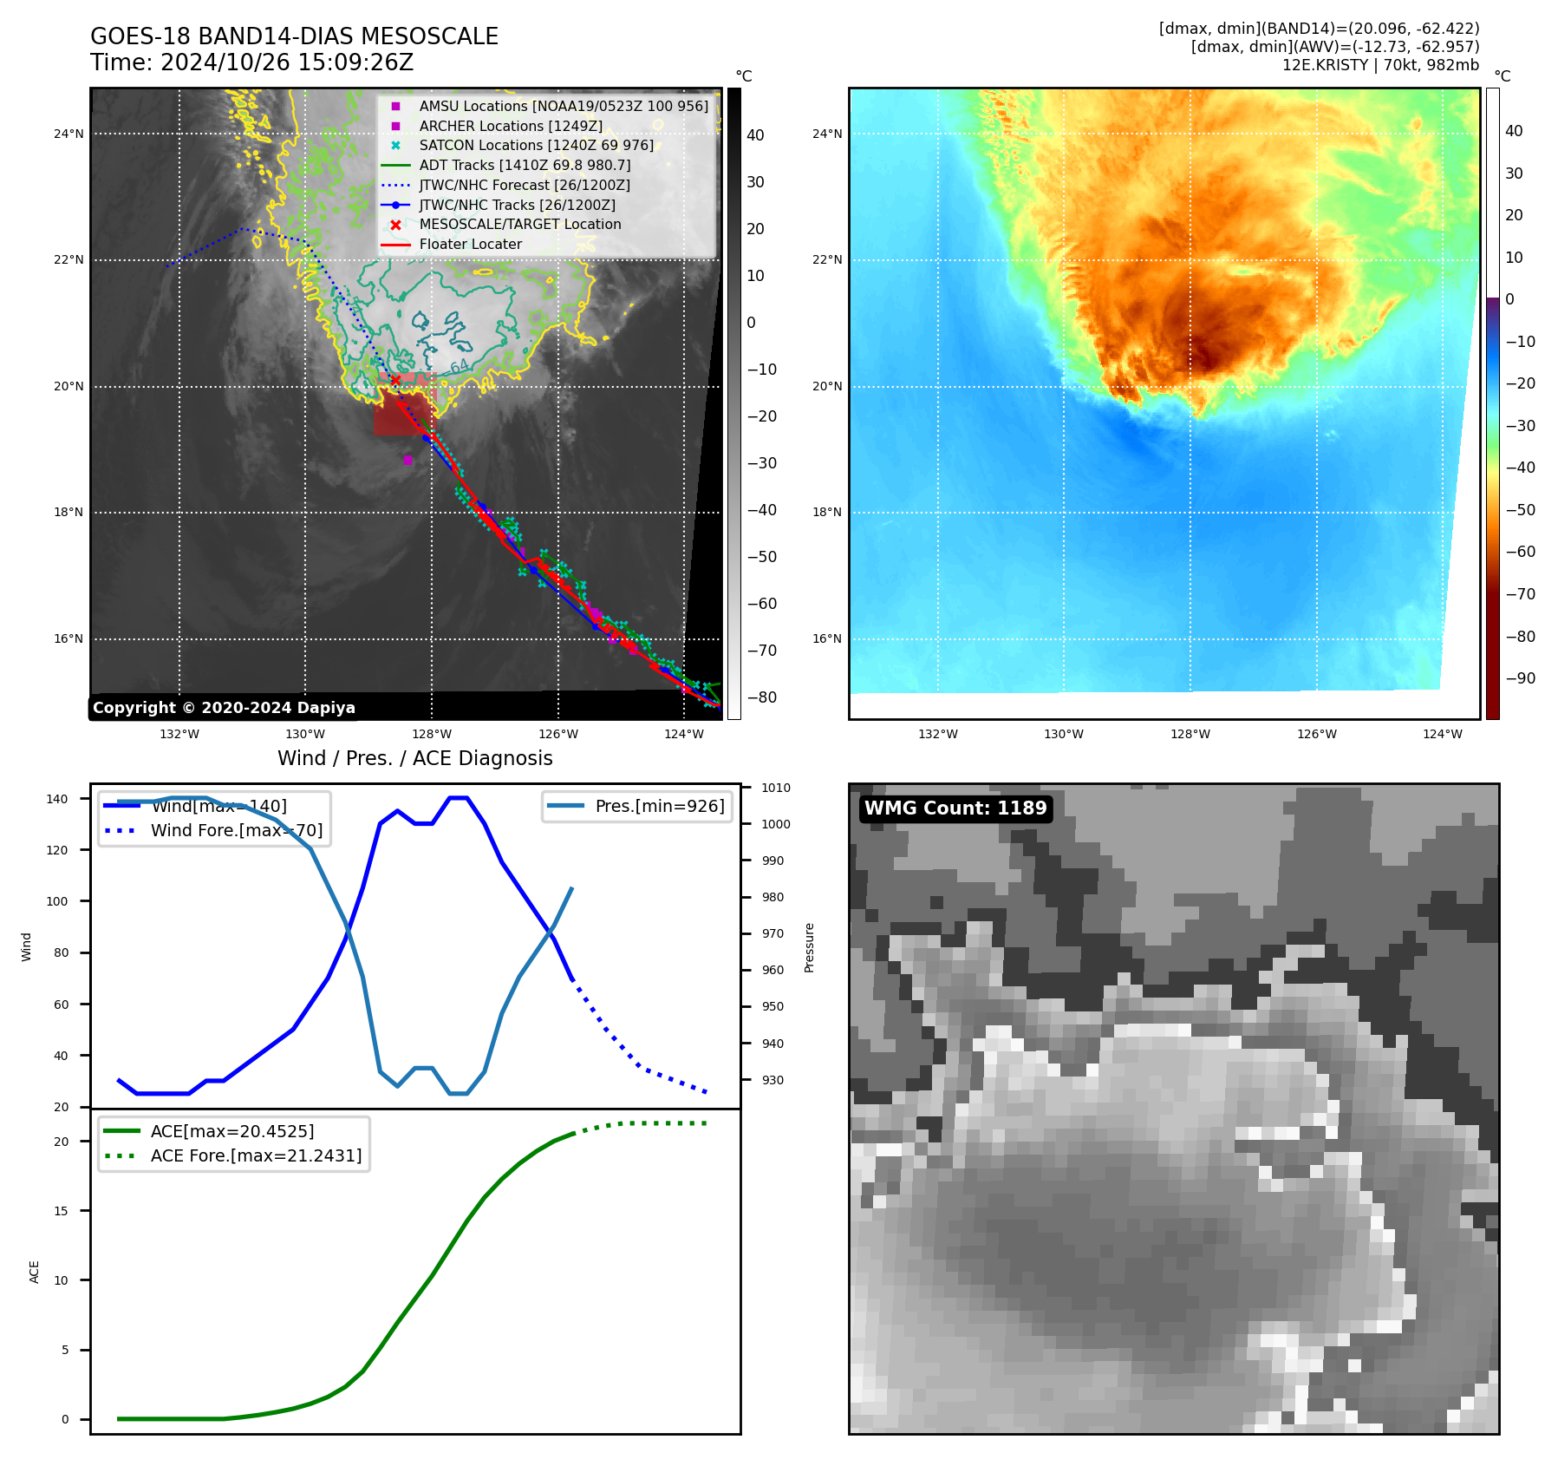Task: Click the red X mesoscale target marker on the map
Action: click(x=395, y=380)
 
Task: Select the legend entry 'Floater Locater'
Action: click(x=470, y=245)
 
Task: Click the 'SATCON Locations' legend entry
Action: click(x=536, y=146)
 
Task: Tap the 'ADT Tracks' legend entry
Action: click(x=525, y=165)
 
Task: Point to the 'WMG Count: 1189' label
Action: click(x=955, y=808)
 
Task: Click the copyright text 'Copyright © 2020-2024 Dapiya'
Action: click(x=224, y=708)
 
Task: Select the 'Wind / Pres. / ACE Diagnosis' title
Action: click(x=414, y=758)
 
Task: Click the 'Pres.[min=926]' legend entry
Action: click(x=659, y=806)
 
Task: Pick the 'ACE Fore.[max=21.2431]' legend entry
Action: click(x=256, y=1155)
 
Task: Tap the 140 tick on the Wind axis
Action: click(x=57, y=799)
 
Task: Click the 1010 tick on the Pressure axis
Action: click(x=776, y=788)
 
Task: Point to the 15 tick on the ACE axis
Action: click(x=61, y=1211)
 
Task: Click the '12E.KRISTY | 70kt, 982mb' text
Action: click(x=1380, y=65)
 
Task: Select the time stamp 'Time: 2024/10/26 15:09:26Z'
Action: click(x=251, y=62)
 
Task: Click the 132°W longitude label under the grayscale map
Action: click(x=179, y=734)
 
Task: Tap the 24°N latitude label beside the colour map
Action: click(x=827, y=134)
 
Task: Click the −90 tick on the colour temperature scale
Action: click(x=1520, y=678)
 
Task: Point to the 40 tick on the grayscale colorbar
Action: click(x=755, y=135)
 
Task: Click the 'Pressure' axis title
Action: click(x=810, y=947)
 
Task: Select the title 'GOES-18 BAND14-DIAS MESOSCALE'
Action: click(x=294, y=36)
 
